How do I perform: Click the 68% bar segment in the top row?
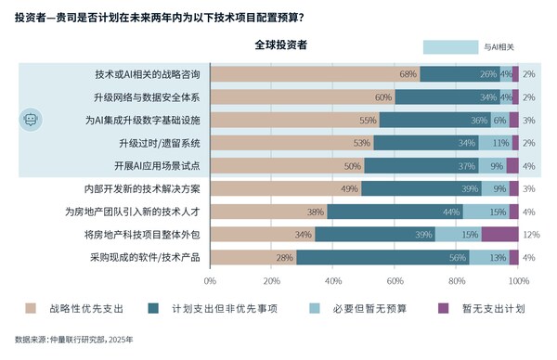[x=315, y=73]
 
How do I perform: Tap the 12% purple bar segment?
[x=499, y=234]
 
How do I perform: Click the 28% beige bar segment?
[x=253, y=257]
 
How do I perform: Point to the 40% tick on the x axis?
[x=333, y=280]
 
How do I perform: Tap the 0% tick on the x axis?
[x=210, y=280]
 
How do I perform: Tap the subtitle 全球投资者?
[x=281, y=45]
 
